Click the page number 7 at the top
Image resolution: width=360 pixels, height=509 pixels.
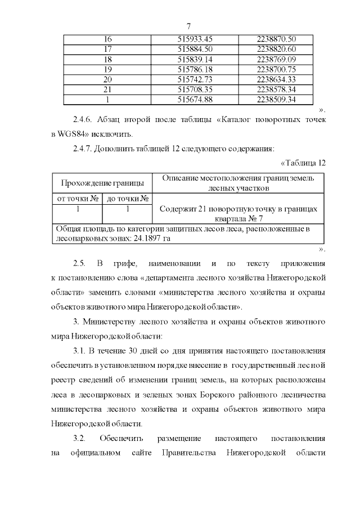pos(188,26)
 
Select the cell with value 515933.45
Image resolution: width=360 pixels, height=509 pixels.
pos(195,39)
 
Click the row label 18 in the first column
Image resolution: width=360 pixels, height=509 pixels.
pos(108,59)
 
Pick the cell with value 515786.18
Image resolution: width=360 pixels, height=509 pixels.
pos(195,69)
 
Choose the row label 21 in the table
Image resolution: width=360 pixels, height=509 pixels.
pos(108,89)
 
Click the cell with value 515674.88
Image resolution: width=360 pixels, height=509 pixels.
pos(195,100)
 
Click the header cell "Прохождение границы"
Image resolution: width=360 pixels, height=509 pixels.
pos(102,183)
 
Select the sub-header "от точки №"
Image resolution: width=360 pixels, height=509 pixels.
pos(76,198)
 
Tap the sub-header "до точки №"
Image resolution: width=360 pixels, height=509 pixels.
pos(128,198)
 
